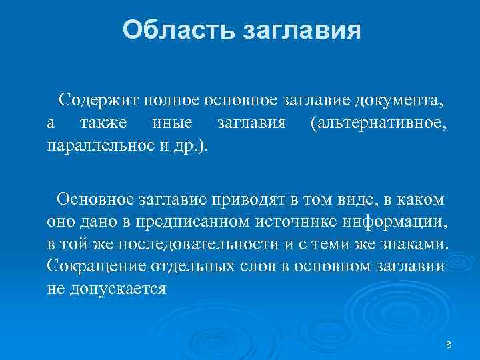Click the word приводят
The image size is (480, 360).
(x=245, y=198)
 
